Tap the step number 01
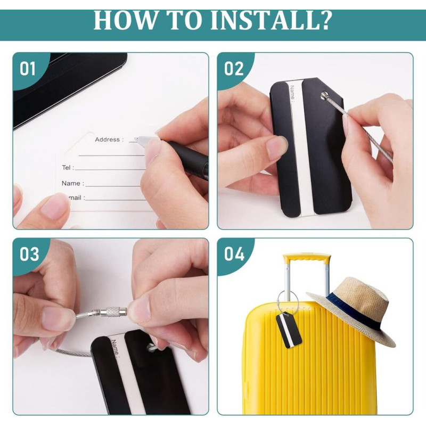coord(28,68)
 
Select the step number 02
coord(234,68)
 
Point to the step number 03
coord(29,255)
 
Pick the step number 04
coord(234,255)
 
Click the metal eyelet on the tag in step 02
coord(324,95)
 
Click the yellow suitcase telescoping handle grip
coord(307,258)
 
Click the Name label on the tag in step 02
coord(292,94)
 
